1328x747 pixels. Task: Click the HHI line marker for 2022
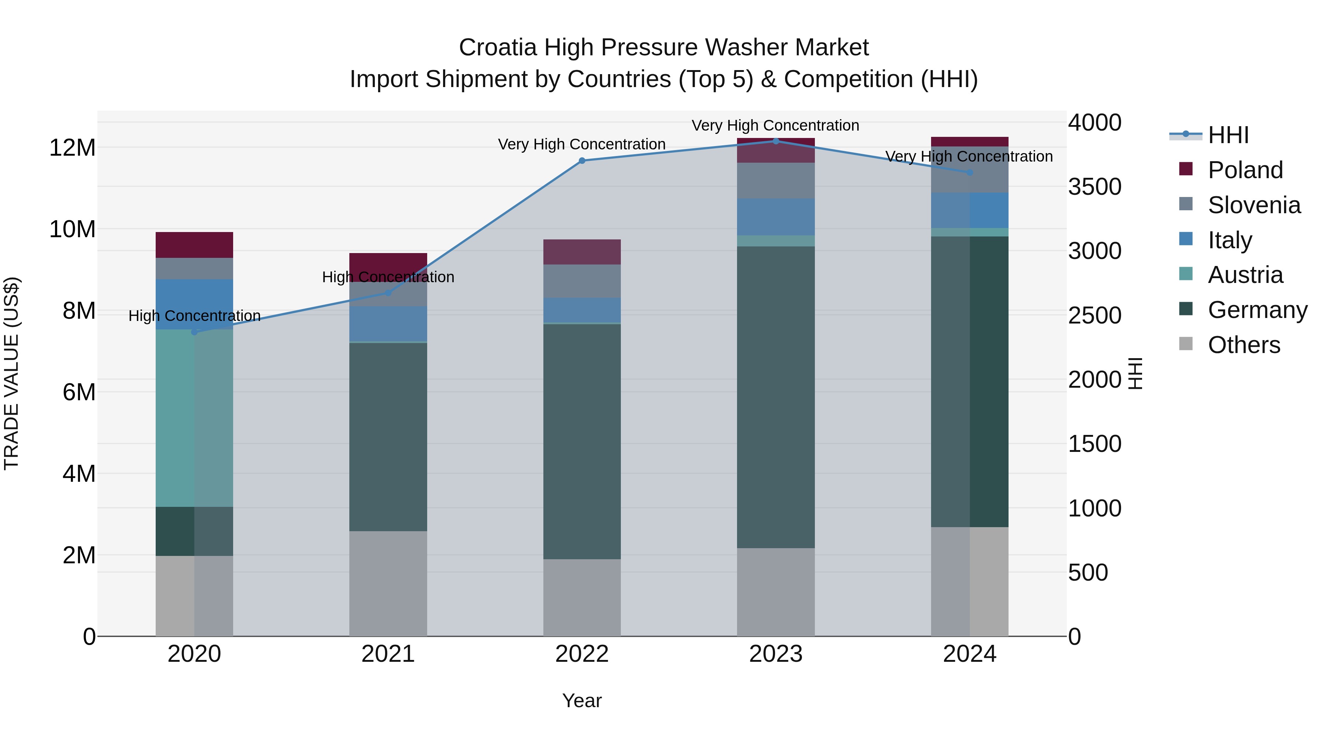(582, 160)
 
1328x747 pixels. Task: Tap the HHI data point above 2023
(776, 141)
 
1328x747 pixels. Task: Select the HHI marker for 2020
(194, 332)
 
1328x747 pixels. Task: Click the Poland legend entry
(1245, 170)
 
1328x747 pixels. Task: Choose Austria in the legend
(1245, 275)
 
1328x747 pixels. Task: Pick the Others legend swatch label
(1244, 345)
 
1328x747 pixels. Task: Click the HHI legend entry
(1228, 135)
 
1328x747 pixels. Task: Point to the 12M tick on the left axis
(72, 148)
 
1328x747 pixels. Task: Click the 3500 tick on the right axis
(1094, 187)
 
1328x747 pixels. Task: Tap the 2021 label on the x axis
(388, 654)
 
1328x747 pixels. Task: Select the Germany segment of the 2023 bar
(776, 397)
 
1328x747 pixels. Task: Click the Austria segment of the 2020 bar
(194, 418)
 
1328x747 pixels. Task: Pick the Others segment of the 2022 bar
(582, 598)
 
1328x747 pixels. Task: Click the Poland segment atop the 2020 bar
(194, 245)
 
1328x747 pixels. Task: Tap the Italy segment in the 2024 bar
(970, 210)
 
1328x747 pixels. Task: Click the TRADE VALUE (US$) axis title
(11, 373)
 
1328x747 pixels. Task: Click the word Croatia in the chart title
(498, 48)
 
